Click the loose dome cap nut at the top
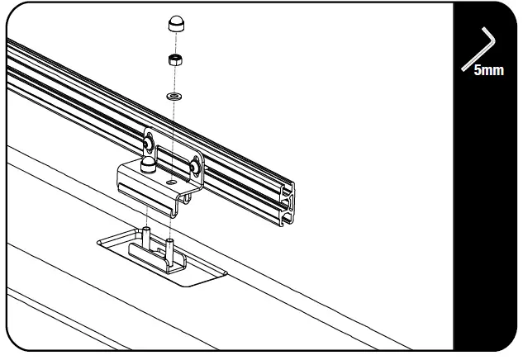click(x=175, y=24)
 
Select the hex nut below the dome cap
click(x=174, y=59)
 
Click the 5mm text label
click(x=488, y=71)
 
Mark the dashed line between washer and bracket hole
click(x=171, y=136)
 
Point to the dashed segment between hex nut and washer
click(x=174, y=79)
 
